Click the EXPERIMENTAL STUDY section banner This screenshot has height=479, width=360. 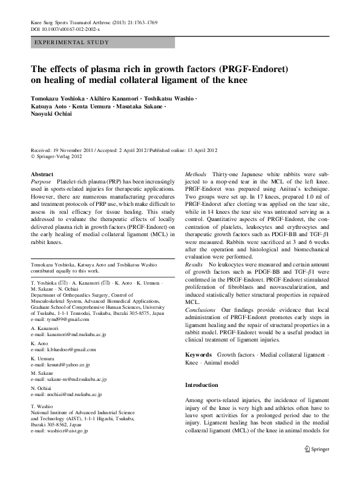72,42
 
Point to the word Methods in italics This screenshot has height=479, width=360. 195,174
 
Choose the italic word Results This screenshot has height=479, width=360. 194,265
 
